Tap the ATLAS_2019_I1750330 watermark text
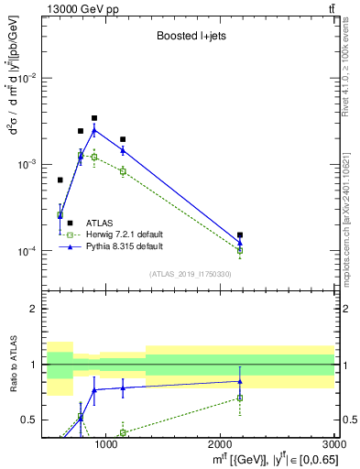tap(190, 274)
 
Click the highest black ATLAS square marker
tap(94, 118)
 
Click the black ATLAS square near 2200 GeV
tap(240, 235)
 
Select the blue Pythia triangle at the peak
tap(94, 130)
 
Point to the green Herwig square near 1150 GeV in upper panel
tap(123, 171)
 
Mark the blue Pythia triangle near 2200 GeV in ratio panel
tap(240, 381)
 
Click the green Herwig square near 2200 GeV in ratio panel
tap(240, 398)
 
